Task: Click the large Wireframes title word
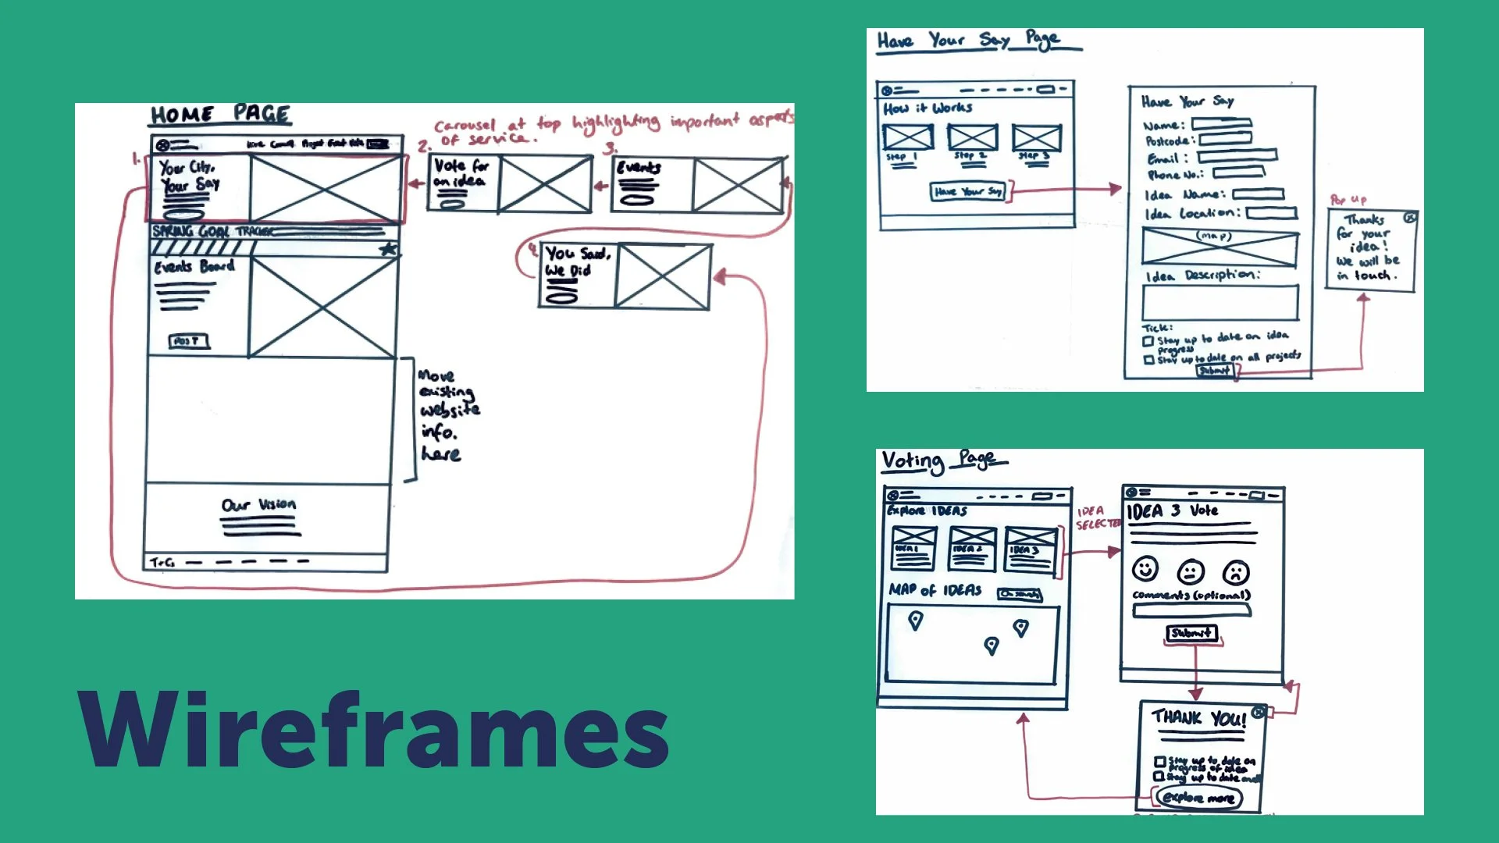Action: pos(373,731)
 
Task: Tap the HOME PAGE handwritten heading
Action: pos(221,115)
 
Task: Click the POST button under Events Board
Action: pos(188,341)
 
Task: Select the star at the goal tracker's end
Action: pos(388,249)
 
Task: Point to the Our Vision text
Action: pos(258,505)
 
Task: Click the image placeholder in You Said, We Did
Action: pos(663,276)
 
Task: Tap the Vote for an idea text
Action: pos(461,173)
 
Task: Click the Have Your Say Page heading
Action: pos(968,40)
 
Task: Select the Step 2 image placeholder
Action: pos(972,137)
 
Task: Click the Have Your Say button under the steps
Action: pos(968,191)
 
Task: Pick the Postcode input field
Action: pos(1225,140)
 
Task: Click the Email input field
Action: pos(1237,156)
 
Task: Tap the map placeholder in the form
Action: pos(1219,247)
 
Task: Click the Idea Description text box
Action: pos(1219,302)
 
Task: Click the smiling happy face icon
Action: pos(1145,569)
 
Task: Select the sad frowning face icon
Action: pos(1236,573)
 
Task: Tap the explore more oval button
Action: pos(1198,798)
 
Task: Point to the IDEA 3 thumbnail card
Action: pos(1031,548)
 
